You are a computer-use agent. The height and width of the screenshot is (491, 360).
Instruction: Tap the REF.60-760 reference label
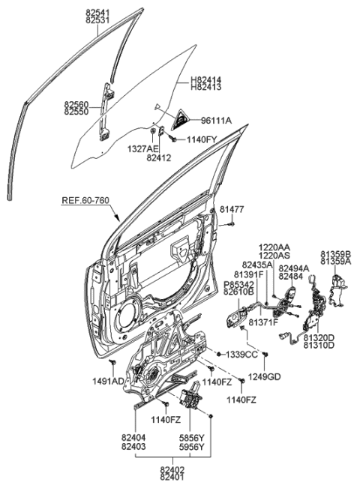(x=87, y=201)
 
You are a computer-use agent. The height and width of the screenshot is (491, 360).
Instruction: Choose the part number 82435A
(x=256, y=265)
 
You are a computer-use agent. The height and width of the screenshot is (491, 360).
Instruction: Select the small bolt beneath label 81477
(x=233, y=223)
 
